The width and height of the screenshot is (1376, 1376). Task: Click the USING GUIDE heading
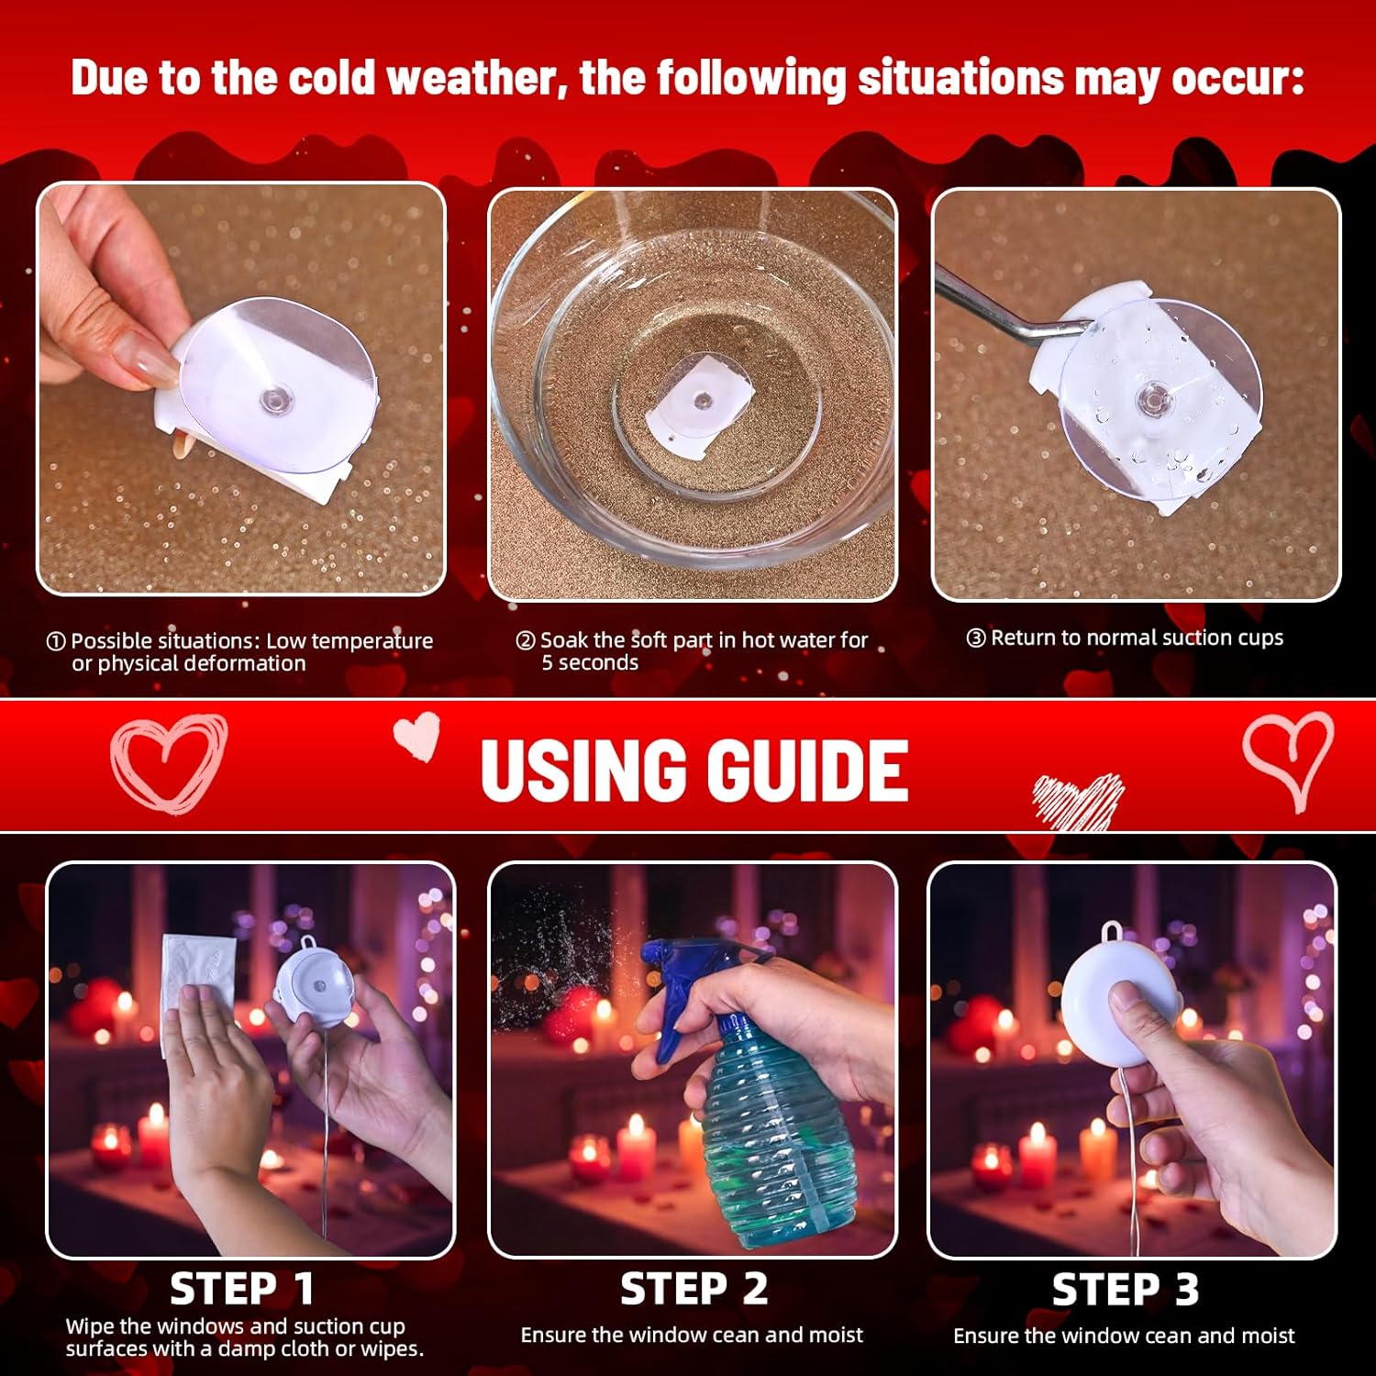pos(694,769)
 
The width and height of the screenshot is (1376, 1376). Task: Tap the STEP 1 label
pos(242,1289)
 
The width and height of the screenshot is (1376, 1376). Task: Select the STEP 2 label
pos(694,1289)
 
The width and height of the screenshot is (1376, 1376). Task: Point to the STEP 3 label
pos(1125,1289)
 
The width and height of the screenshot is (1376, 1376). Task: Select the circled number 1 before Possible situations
pos(56,641)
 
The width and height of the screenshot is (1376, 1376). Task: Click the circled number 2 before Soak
pos(526,640)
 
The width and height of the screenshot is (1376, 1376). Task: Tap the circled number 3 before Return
pos(976,638)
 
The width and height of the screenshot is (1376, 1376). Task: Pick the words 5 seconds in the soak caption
pos(590,662)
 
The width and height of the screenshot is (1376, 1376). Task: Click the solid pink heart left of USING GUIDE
pos(417,737)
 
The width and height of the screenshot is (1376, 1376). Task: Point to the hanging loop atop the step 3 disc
pos(1114,931)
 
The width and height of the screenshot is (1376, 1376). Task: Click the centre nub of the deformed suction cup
pos(272,399)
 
